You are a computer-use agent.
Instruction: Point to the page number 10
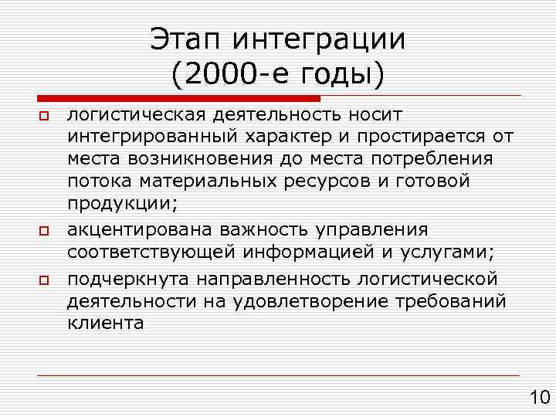tap(538, 398)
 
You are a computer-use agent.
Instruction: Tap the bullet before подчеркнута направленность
tap(44, 278)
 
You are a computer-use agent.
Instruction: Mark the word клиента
tap(104, 324)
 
